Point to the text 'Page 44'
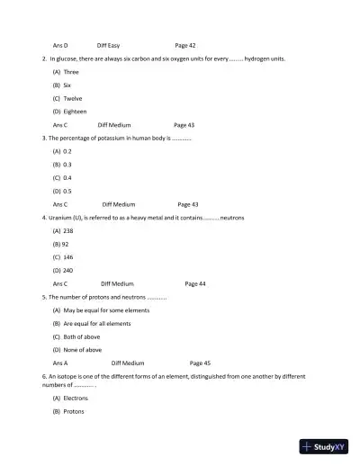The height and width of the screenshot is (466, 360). [x=194, y=283]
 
